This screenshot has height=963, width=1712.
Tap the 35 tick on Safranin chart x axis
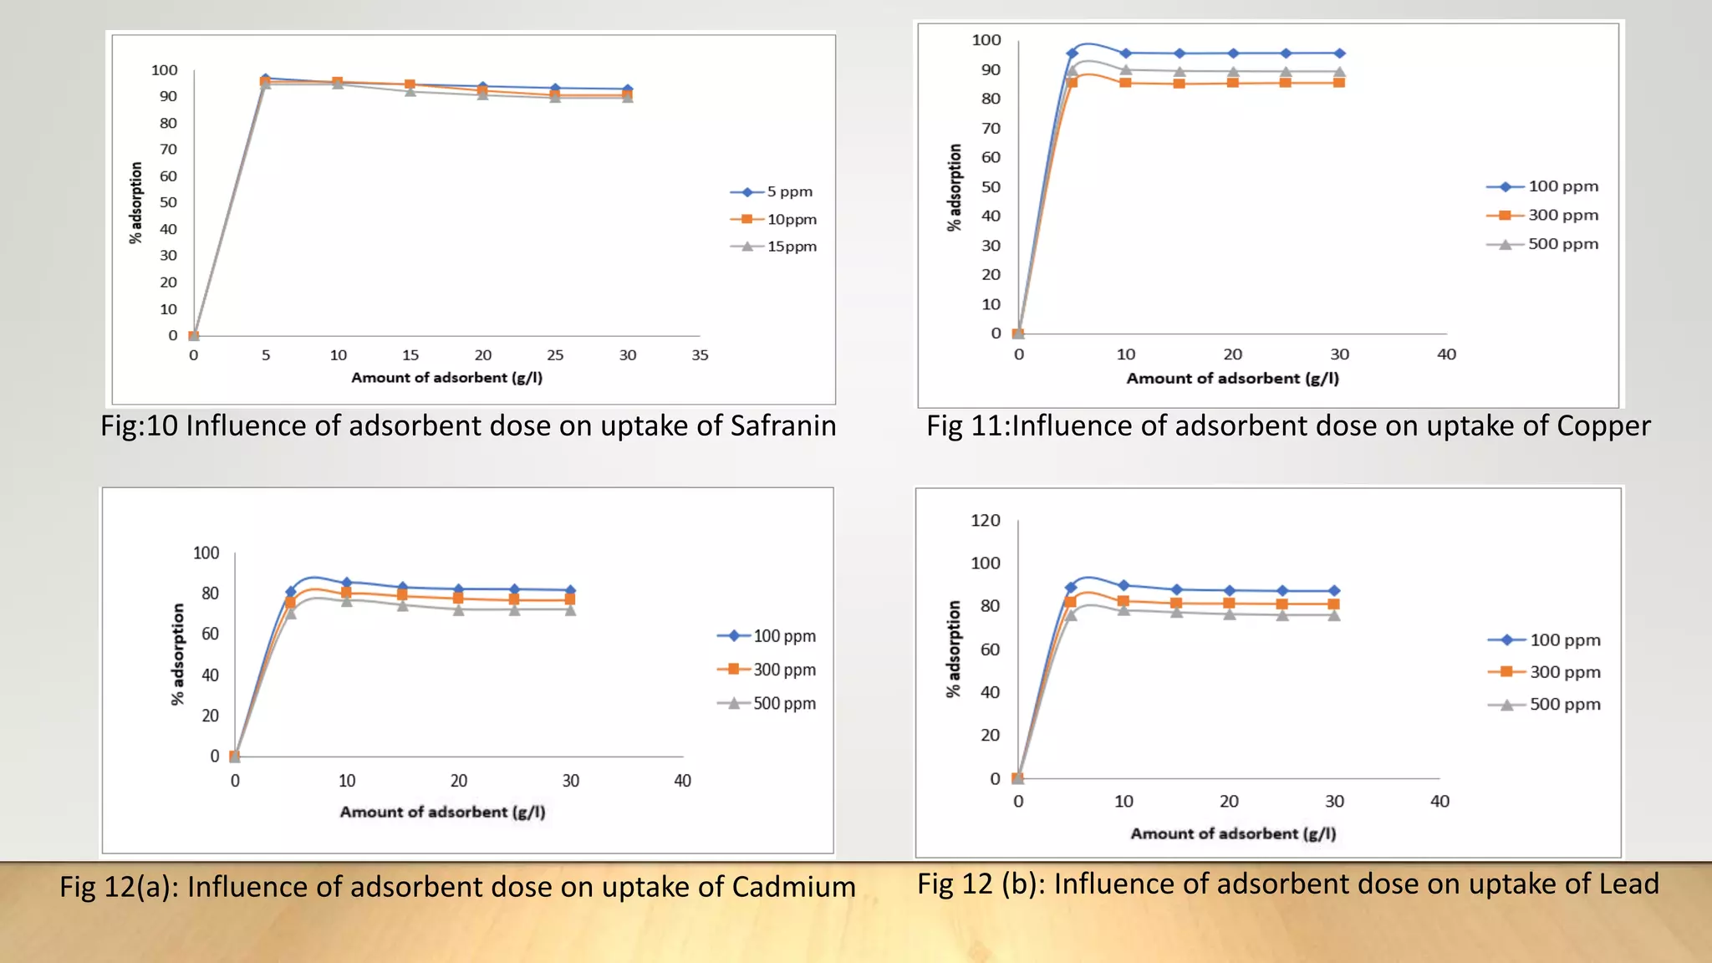click(x=700, y=355)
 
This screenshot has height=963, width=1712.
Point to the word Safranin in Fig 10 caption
click(x=782, y=426)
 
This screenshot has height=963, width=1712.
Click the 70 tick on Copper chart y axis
click(x=991, y=128)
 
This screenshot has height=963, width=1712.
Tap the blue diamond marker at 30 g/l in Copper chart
click(x=1339, y=53)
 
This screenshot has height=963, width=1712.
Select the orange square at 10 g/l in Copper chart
click(x=1125, y=83)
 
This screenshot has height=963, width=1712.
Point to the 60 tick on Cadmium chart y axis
click(x=210, y=634)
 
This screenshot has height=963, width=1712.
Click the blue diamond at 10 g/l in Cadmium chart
click(x=347, y=583)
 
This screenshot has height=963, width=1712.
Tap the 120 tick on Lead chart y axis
click(x=985, y=521)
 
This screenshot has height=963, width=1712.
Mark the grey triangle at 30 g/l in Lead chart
click(x=1334, y=616)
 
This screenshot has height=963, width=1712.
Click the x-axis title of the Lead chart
click(x=1233, y=833)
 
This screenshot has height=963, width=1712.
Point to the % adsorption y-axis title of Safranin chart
click(x=135, y=203)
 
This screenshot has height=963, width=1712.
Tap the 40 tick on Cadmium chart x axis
click(x=682, y=781)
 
